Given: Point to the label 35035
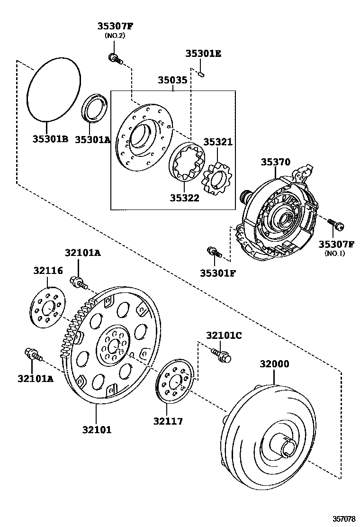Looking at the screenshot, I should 172,81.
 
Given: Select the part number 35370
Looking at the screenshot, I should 275,163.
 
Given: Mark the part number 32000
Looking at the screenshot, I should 274,364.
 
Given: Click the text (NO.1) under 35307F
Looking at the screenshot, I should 335,254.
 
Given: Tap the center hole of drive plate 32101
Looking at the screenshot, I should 112,346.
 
